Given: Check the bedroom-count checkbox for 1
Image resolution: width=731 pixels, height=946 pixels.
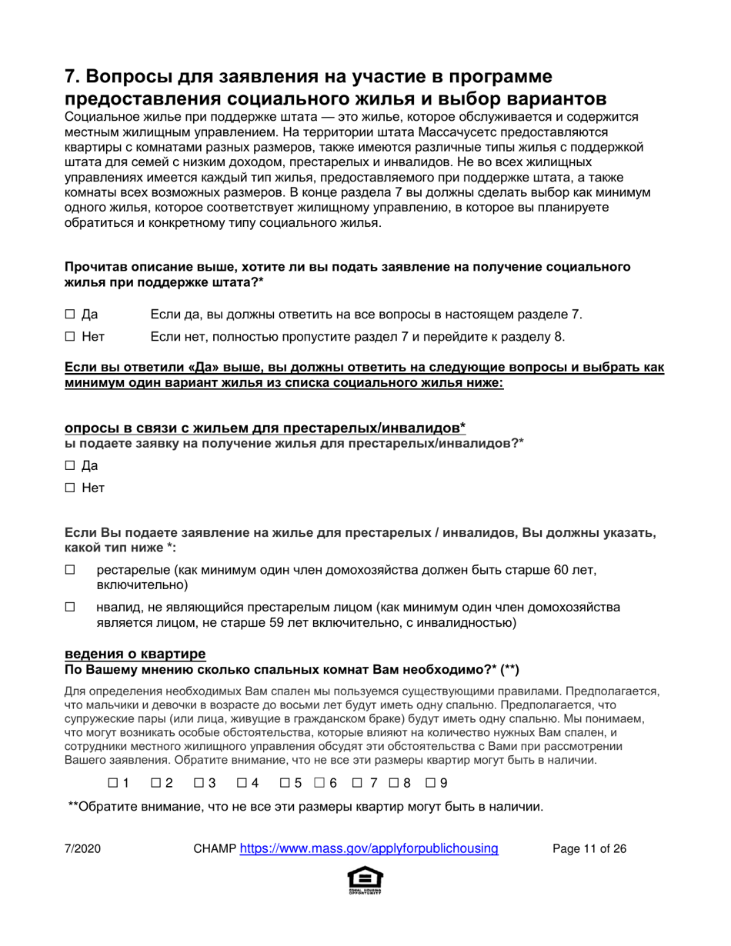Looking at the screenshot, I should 112,783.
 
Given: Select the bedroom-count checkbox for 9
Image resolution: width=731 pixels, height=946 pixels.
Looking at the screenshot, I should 430,783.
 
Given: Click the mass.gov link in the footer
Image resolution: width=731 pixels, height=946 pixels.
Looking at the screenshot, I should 369,849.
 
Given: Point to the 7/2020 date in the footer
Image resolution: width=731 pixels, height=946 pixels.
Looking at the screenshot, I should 82,849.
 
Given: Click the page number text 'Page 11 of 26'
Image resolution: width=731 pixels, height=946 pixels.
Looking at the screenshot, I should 590,849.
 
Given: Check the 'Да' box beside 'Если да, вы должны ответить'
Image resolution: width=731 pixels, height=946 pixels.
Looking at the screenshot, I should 70,314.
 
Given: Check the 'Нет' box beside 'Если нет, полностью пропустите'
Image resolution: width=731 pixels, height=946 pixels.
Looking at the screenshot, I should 70,336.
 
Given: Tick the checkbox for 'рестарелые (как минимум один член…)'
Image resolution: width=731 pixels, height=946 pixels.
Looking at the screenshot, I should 70,570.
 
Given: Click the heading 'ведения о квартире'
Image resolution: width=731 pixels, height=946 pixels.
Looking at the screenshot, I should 135,654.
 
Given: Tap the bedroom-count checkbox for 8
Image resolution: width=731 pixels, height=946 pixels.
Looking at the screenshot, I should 394,783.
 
